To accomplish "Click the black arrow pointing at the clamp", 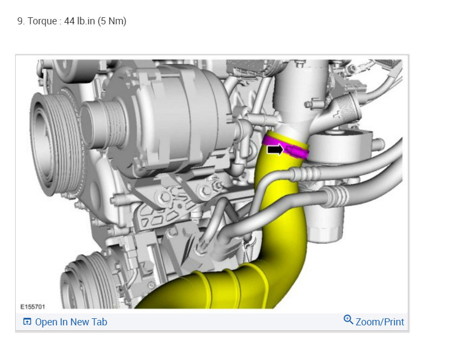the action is (275, 149).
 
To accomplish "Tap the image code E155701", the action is (32, 307).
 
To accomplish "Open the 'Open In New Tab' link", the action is (71, 322).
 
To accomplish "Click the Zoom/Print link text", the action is (380, 322).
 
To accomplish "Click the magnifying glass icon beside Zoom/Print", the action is (348, 319).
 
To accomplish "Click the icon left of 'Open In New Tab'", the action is (27, 322).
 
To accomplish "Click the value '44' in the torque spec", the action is (69, 21).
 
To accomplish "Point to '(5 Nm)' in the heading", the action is (112, 21).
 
